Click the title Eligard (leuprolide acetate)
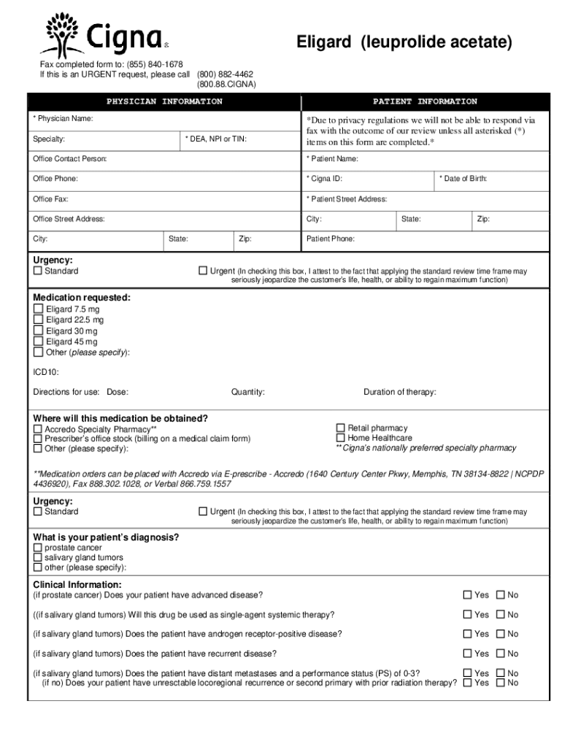pos(404,43)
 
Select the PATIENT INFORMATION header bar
pos(425,101)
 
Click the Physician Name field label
pos(63,118)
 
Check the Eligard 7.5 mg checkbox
pos(38,309)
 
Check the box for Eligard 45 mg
pos(38,341)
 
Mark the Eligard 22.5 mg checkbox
pos(38,320)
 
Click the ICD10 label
pos(46,371)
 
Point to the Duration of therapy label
pos(399,392)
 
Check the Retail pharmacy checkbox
pos(340,428)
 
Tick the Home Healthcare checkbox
pos(340,438)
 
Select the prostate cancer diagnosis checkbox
pos(38,548)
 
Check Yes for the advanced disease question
pos(467,595)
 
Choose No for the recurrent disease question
pos(501,654)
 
